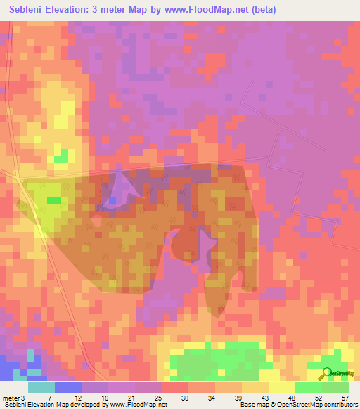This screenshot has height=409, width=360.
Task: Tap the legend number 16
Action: [105, 379]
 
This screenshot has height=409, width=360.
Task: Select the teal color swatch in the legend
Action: [41, 388]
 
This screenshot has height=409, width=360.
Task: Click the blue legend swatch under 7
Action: [68, 388]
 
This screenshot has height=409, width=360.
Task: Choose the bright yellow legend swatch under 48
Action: [282, 388]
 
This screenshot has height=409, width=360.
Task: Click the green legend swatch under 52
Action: [309, 388]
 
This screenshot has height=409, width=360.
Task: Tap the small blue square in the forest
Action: [112, 202]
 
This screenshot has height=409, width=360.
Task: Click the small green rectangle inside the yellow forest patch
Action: [54, 201]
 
